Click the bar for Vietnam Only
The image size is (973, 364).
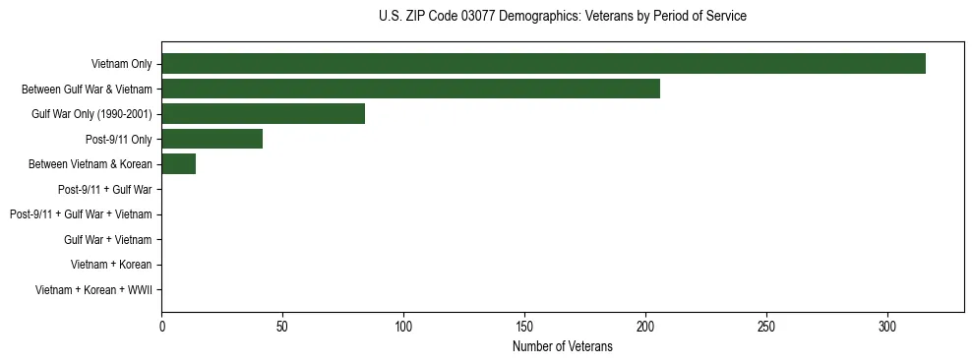[543, 64]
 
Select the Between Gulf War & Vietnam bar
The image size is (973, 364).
[410, 89]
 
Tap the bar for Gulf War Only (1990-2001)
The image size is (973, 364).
[263, 114]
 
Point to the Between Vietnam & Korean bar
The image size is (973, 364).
[178, 164]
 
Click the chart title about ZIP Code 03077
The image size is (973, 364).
[562, 17]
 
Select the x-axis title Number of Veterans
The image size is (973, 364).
[562, 346]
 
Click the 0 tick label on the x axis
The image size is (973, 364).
[161, 326]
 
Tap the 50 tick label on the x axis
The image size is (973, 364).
[282, 326]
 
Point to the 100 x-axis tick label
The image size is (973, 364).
[403, 326]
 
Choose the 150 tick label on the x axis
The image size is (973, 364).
[524, 326]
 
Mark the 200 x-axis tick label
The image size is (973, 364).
[645, 326]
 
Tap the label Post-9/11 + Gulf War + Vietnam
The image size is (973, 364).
[81, 214]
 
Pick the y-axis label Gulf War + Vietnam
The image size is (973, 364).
[107, 239]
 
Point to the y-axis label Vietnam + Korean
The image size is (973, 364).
[111, 265]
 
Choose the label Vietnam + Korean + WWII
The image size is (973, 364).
[93, 289]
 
